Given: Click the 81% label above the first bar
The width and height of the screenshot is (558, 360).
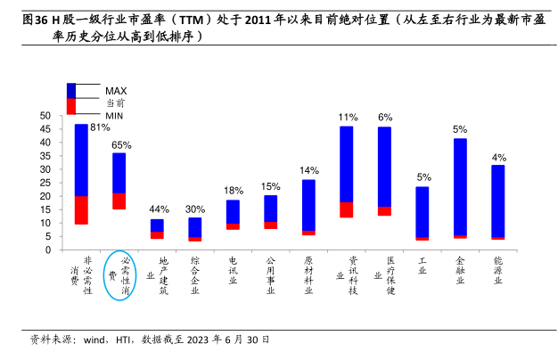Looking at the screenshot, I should coord(100,127).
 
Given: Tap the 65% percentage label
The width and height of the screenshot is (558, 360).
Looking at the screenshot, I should coord(121,144).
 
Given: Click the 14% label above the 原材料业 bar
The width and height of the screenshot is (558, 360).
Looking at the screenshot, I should coord(309,170).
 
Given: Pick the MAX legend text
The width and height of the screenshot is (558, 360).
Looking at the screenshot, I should coord(116,91).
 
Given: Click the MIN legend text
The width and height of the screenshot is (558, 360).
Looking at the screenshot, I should coord(114,116).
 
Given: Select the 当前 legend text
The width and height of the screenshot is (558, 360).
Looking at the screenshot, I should coord(115,103).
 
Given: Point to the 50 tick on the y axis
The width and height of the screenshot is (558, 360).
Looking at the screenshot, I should coord(45,116).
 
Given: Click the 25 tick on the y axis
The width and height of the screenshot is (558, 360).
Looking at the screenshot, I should coord(45,183).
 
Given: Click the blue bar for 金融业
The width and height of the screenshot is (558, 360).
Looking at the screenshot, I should coord(460,186).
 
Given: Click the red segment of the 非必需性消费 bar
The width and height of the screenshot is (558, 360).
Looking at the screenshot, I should coord(81,209).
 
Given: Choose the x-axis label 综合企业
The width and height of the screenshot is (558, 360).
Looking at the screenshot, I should coord(195,274).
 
